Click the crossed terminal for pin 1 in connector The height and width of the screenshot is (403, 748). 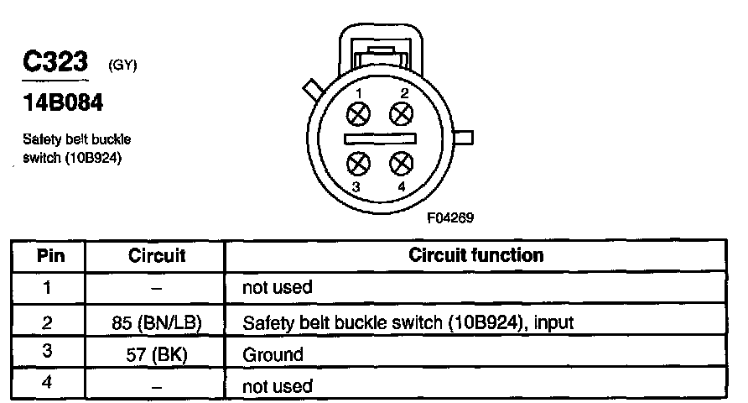pyautogui.click(x=360, y=113)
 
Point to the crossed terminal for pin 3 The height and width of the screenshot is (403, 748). pyautogui.click(x=360, y=162)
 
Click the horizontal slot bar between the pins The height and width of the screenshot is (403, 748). pyautogui.click(x=381, y=137)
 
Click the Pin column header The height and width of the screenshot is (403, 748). pyautogui.click(x=48, y=255)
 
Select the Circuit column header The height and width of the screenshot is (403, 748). pyautogui.click(x=157, y=255)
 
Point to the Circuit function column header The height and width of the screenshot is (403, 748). pyautogui.click(x=476, y=254)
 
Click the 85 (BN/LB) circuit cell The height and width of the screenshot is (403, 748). pyautogui.click(x=157, y=322)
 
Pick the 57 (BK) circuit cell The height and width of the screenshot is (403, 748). pyautogui.click(x=157, y=354)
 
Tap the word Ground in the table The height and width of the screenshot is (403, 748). pyautogui.click(x=273, y=354)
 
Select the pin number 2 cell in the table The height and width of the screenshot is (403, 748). pyautogui.click(x=48, y=322)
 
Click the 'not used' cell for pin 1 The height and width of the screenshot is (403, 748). pyautogui.click(x=277, y=288)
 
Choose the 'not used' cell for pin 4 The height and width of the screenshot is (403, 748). pyautogui.click(x=277, y=386)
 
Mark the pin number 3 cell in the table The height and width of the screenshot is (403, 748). pyautogui.click(x=48, y=353)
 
